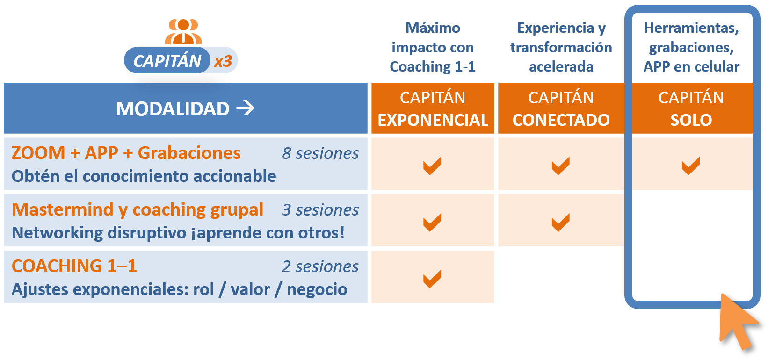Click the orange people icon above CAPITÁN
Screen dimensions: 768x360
point(183,31)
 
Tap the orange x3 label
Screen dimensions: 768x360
point(223,61)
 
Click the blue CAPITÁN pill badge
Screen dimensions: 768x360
point(167,60)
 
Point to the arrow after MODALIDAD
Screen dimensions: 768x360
point(246,108)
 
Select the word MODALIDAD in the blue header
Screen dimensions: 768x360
point(173,109)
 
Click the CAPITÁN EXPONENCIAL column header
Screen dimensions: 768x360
point(433,108)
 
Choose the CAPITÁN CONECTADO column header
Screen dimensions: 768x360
point(561,108)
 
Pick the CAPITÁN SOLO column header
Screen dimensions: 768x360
point(691,108)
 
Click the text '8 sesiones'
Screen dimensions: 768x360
point(320,153)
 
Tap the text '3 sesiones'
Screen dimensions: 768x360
point(320,210)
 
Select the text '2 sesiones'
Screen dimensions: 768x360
point(320,266)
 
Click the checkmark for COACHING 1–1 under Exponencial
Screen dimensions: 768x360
point(432,279)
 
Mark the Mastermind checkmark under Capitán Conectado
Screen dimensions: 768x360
point(561,223)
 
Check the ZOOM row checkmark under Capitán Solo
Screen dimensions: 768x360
point(690,166)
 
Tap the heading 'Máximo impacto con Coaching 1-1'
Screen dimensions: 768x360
point(433,47)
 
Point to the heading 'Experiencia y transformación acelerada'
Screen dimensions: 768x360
point(561,47)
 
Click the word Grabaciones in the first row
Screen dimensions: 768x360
point(189,153)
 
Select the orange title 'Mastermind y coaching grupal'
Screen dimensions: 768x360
point(138,209)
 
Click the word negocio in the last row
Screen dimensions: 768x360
point(317,289)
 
